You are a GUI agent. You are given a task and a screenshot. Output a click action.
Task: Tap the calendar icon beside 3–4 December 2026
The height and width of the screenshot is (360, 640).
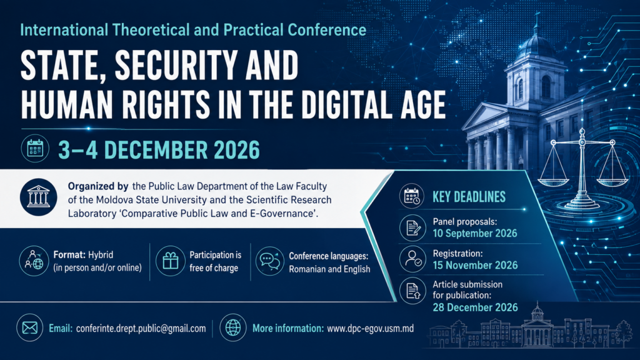pyautogui.click(x=35, y=149)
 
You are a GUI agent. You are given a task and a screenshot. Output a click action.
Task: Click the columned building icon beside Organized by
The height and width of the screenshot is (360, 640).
pyautogui.click(x=38, y=197)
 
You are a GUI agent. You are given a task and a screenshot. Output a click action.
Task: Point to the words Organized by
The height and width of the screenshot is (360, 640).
pyautogui.click(x=98, y=186)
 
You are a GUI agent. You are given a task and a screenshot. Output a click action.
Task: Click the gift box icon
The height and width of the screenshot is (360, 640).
pyautogui.click(x=171, y=261)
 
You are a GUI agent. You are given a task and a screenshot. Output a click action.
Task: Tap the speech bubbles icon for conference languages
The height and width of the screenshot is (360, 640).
pyautogui.click(x=270, y=261)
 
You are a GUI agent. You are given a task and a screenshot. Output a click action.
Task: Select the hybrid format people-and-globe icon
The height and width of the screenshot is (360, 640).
pyautogui.click(x=34, y=261)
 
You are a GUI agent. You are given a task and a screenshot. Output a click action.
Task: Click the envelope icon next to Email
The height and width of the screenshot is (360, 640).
pyautogui.click(x=30, y=327)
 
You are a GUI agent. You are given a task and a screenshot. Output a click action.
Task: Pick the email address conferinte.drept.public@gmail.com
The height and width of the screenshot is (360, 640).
pyautogui.click(x=141, y=329)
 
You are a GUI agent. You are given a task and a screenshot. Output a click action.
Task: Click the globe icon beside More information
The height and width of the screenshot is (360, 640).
pyautogui.click(x=233, y=327)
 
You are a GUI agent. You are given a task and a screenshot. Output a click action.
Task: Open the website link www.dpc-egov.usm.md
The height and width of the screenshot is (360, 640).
pyautogui.click(x=370, y=328)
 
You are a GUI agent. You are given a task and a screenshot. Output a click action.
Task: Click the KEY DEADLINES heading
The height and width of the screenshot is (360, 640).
pyautogui.click(x=469, y=197)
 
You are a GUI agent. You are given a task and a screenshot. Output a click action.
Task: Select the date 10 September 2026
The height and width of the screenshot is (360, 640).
pyautogui.click(x=475, y=234)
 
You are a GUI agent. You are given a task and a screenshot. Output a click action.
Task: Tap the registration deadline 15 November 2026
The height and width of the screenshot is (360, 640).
pyautogui.click(x=475, y=265)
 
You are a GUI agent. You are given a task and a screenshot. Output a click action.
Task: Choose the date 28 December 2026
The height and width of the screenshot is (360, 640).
pyautogui.click(x=475, y=307)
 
